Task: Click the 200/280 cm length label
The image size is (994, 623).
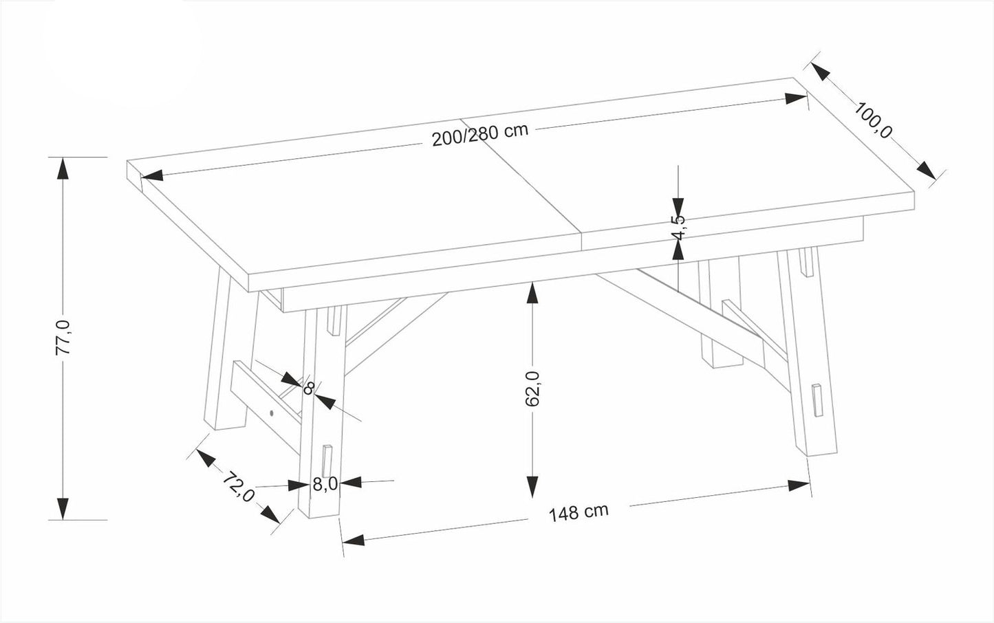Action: (479, 135)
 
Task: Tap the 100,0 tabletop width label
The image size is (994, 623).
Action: (873, 120)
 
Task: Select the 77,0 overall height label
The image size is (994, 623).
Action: (63, 337)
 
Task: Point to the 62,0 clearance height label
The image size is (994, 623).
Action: (532, 389)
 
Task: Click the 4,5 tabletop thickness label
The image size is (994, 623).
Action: (678, 228)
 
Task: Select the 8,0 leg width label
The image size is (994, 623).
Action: (324, 484)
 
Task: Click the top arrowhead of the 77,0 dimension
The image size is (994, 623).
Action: (63, 169)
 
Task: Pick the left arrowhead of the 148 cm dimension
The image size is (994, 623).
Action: (354, 540)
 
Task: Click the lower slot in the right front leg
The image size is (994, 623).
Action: (817, 400)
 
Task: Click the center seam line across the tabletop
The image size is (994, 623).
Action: (523, 182)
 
